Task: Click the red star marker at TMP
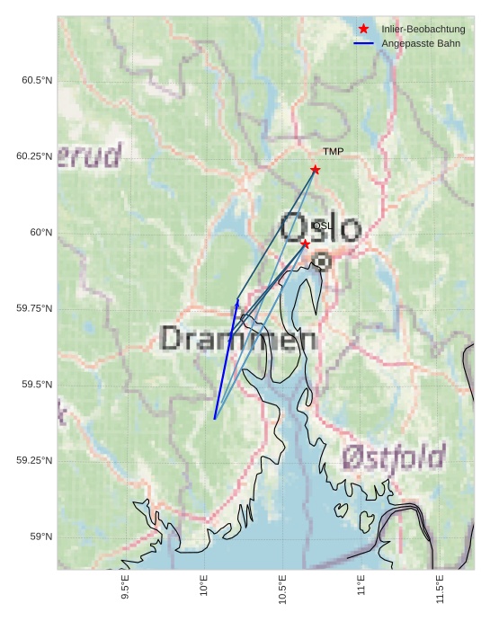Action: point(315,170)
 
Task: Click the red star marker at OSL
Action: point(305,244)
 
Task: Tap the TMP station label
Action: point(333,152)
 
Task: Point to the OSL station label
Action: point(322,226)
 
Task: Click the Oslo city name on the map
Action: point(321,228)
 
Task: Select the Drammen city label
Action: point(238,340)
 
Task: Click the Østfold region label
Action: point(394,457)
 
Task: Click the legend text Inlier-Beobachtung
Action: point(423,30)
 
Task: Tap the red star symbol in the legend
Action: point(363,29)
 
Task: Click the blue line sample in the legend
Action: point(363,43)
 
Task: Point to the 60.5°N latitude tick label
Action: point(37,81)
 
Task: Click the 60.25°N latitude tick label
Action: point(34,156)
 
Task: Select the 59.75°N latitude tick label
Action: point(34,308)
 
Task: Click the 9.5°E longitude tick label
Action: point(125,590)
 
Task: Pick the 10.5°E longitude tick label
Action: point(282,591)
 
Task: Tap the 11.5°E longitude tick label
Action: point(439,591)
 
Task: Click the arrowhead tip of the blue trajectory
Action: point(237,300)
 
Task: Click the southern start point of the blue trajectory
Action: point(214,419)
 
